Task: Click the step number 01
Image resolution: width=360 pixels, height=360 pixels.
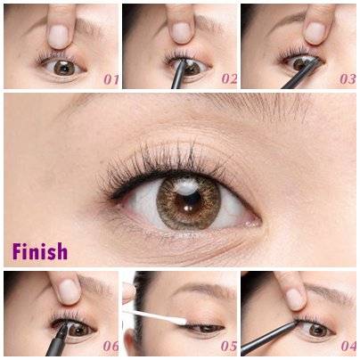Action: pyautogui.click(x=110, y=79)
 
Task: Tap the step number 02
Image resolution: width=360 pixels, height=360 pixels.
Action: pyautogui.click(x=229, y=78)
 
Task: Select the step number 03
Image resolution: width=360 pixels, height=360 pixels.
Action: pyautogui.click(x=348, y=78)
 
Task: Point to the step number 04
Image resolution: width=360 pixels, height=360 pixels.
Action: pyautogui.click(x=348, y=346)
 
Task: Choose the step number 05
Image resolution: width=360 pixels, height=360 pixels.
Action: pyautogui.click(x=229, y=346)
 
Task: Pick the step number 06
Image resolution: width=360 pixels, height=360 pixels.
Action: pyautogui.click(x=110, y=346)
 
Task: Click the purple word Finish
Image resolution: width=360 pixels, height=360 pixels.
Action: pyautogui.click(x=40, y=251)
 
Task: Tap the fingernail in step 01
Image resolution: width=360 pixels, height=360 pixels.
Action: pyautogui.click(x=58, y=37)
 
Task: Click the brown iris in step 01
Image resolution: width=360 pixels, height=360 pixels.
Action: pyautogui.click(x=64, y=69)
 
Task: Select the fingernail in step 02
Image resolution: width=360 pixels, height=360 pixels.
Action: pyautogui.click(x=181, y=33)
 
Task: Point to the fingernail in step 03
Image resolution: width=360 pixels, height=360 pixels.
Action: pyautogui.click(x=315, y=33)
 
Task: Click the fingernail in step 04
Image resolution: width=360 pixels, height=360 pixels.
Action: pyautogui.click(x=293, y=299)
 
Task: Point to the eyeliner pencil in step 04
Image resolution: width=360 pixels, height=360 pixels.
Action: pyautogui.click(x=269, y=338)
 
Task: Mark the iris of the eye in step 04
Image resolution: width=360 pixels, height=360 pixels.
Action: pyautogui.click(x=317, y=330)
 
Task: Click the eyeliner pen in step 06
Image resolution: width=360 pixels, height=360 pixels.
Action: pyautogui.click(x=58, y=339)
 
